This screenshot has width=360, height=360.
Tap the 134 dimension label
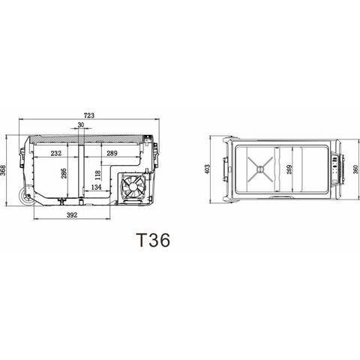pos(96,187)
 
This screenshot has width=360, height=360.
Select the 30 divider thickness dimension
pos(80,125)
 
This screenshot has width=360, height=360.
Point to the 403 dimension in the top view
pos(217,170)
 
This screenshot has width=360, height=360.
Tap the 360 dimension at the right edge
pos(354,170)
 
